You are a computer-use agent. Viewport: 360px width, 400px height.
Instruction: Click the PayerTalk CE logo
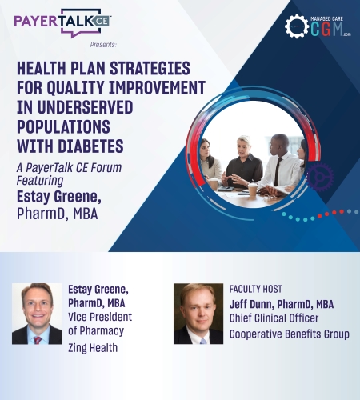tap(62, 23)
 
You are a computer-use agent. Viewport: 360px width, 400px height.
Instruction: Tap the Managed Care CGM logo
tap(318, 26)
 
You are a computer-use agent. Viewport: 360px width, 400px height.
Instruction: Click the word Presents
tap(103, 45)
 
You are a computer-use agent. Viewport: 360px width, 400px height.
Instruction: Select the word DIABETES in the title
tap(90, 146)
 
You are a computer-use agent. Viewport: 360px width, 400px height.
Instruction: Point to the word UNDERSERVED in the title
tap(85, 107)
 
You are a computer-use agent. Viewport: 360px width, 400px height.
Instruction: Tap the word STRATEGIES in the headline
tap(150, 68)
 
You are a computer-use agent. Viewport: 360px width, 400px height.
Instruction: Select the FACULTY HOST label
tap(255, 289)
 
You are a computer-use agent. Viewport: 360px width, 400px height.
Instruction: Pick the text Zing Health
tap(93, 348)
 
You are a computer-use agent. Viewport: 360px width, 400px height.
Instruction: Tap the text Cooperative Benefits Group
tap(290, 334)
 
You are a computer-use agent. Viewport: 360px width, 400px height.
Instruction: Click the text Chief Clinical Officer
tap(274, 318)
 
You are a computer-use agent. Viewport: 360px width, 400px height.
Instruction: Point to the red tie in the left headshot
tap(37, 340)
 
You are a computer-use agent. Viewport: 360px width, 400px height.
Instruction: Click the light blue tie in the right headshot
tap(202, 341)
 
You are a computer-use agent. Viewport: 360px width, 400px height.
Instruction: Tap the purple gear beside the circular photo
tap(320, 177)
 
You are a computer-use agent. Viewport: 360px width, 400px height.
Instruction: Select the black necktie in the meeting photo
tap(278, 171)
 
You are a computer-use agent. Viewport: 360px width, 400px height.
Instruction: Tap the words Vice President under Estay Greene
tap(100, 317)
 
